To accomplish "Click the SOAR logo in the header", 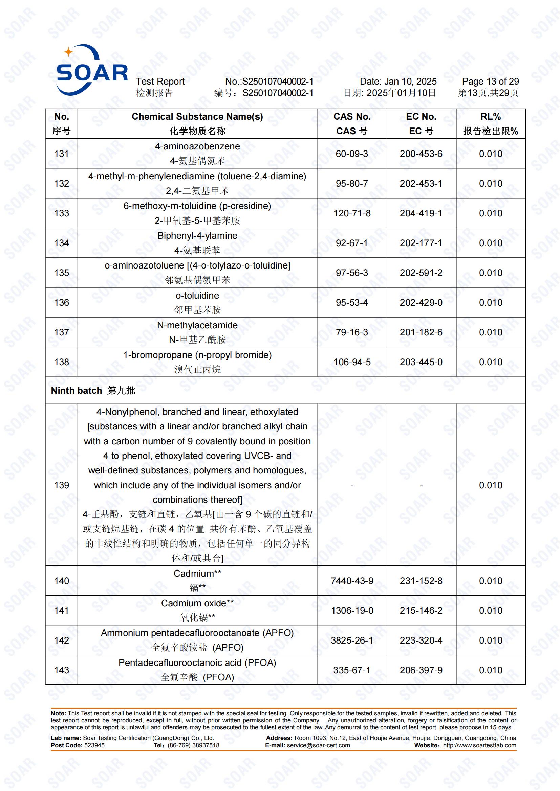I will [x=92, y=70].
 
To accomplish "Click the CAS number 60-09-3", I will [x=352, y=154].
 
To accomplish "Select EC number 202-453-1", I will [x=421, y=183].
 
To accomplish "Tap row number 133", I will [x=61, y=213].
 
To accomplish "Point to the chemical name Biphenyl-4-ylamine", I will [x=197, y=236].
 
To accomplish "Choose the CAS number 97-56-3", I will [x=352, y=273].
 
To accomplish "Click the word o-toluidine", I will [x=197, y=295].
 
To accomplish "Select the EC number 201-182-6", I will [x=421, y=332].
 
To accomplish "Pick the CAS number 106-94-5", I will [x=352, y=362].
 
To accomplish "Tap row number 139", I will [x=61, y=485].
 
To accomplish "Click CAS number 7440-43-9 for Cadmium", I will [x=352, y=581].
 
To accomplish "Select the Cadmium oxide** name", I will [x=197, y=603].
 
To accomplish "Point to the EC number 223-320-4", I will [x=421, y=640].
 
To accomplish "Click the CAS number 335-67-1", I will [x=352, y=670].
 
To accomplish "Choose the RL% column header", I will [x=490, y=117].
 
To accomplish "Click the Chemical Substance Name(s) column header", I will [x=197, y=117].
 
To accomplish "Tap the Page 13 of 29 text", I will [x=490, y=81].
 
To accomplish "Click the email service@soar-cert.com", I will [x=318, y=745].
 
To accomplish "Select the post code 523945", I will [x=94, y=745].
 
